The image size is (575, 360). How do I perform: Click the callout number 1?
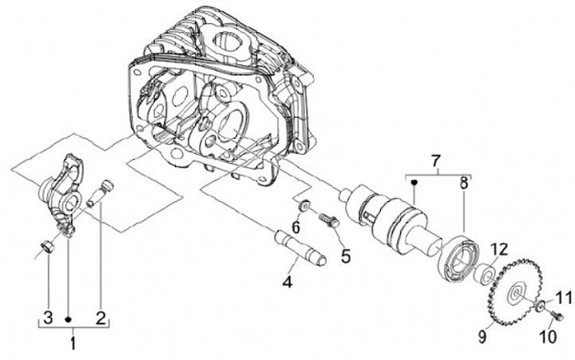click(x=73, y=343)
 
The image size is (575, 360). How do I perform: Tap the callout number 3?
click(x=48, y=317)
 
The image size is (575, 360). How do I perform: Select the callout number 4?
click(x=287, y=281)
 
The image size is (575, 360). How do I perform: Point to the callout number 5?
click(x=346, y=255)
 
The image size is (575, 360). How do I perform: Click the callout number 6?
click(x=295, y=227)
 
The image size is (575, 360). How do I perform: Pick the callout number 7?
click(x=436, y=160)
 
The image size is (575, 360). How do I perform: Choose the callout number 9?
click(x=482, y=336)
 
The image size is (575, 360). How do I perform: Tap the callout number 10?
click(x=548, y=337)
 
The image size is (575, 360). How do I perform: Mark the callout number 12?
click(x=499, y=249)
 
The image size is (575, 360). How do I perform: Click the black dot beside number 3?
click(x=68, y=319)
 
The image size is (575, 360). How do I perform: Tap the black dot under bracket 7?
click(x=414, y=181)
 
